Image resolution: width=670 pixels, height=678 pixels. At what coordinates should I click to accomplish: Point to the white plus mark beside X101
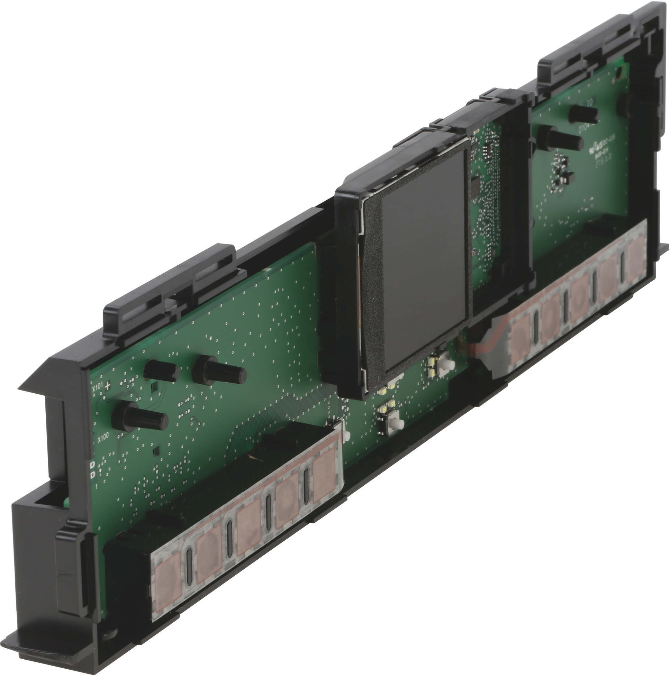coord(108,385)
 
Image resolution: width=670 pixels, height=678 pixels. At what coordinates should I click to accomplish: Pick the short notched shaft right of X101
coord(162,370)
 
